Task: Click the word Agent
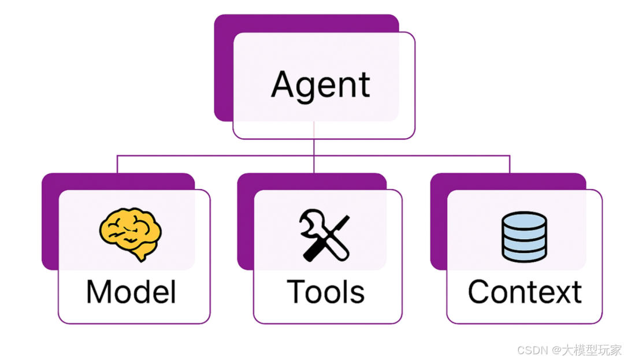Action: (321, 86)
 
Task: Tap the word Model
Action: (131, 292)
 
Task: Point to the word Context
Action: (525, 292)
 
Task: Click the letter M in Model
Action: (99, 292)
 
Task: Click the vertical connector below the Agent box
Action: (314, 147)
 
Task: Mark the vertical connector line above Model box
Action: (117, 164)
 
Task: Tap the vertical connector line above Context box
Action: (510, 164)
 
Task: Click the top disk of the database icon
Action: (524, 220)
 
